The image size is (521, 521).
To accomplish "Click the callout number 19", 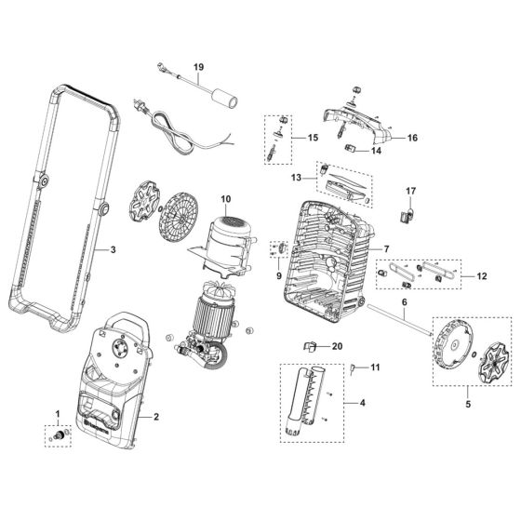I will tap(197, 67).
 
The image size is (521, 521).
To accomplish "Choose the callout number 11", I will tap(375, 367).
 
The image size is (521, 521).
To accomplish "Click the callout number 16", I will tap(412, 138).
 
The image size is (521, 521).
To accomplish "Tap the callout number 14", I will tap(377, 150).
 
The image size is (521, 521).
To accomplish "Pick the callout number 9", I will tap(278, 275).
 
